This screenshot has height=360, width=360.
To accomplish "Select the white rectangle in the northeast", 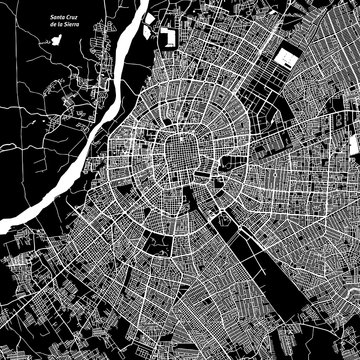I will (287, 59).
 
